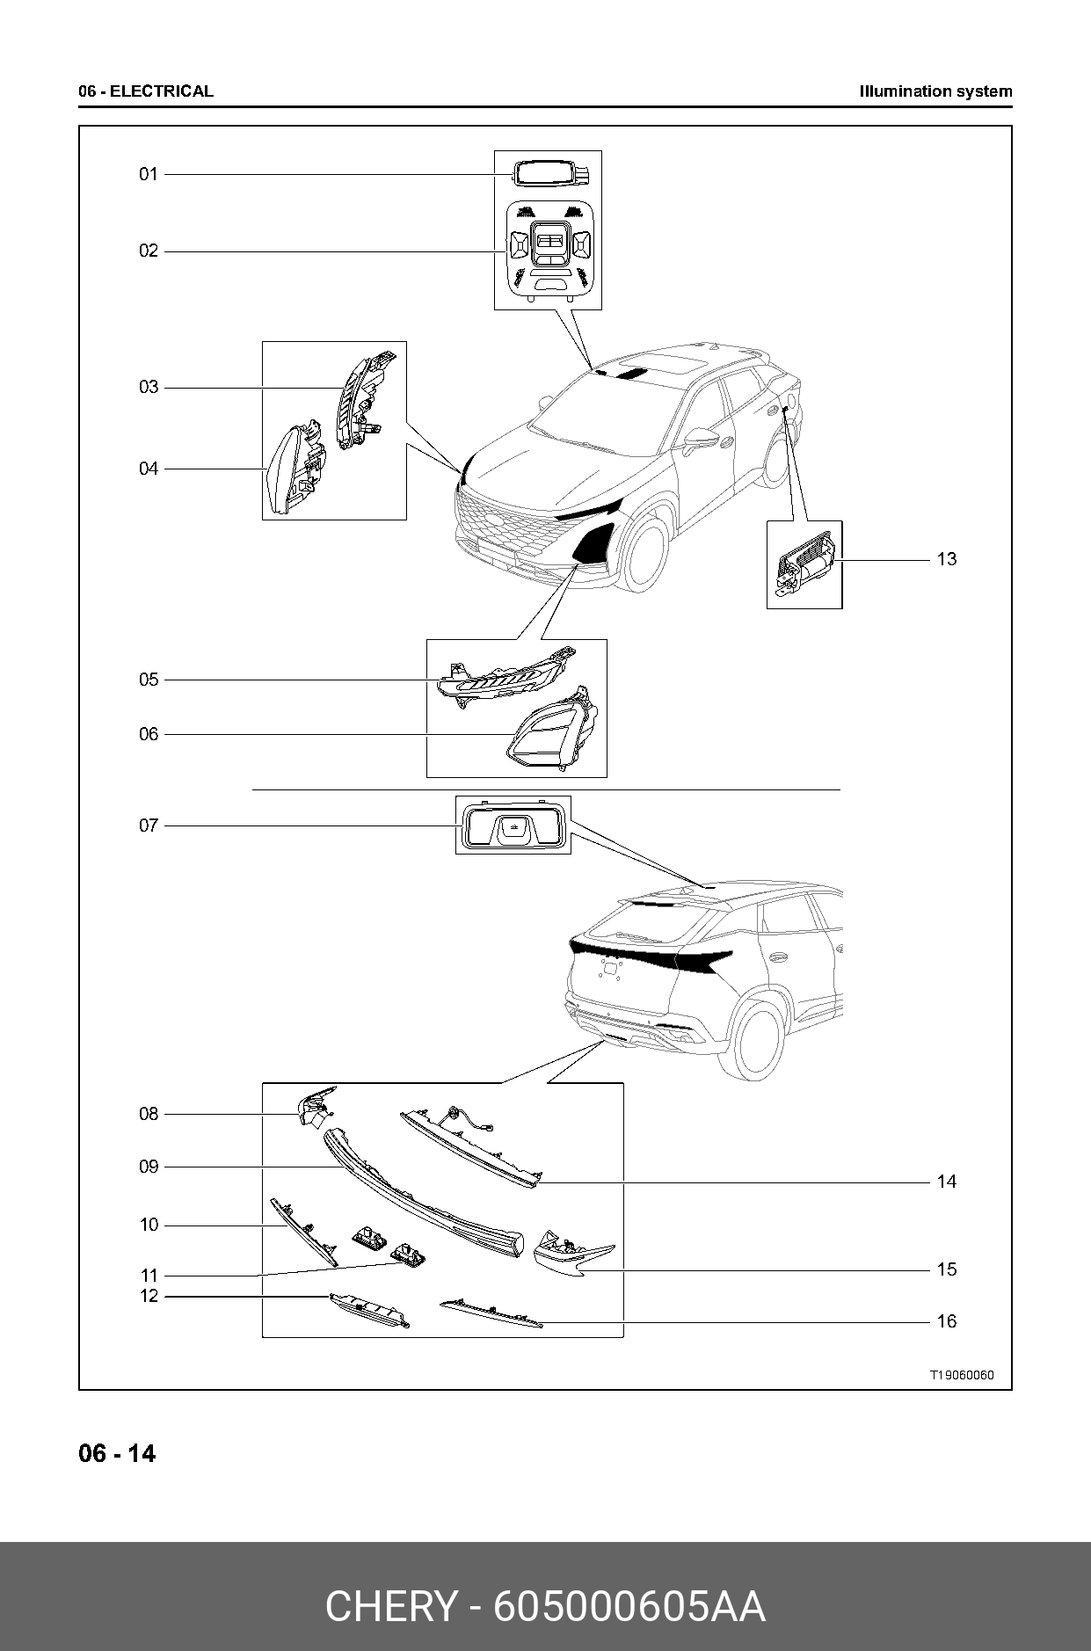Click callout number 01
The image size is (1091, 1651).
[148, 174]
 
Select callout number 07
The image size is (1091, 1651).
[148, 825]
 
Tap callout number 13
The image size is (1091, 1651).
[946, 559]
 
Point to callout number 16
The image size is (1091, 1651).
[946, 1321]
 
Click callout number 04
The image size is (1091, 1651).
[148, 469]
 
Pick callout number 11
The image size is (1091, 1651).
[149, 1276]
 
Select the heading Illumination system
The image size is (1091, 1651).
[935, 91]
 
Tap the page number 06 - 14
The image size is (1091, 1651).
[117, 1453]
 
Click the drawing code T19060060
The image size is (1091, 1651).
[963, 1375]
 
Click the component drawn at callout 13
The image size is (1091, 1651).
[804, 563]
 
